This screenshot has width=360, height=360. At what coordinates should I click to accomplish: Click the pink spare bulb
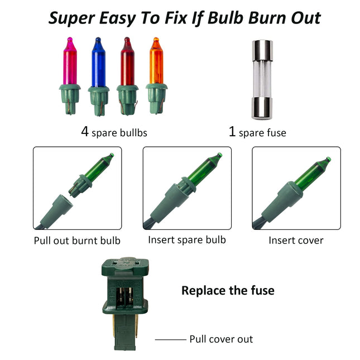(70, 76)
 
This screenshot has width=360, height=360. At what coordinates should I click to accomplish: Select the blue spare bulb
(98, 76)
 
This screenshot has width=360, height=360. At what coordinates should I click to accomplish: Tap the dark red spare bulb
(127, 76)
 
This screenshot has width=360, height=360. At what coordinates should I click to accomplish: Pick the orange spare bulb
(156, 76)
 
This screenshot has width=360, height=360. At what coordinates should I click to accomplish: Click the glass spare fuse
(262, 80)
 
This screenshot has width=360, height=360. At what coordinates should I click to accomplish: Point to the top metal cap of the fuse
(262, 50)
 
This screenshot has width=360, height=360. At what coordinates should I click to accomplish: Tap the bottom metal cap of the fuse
(262, 108)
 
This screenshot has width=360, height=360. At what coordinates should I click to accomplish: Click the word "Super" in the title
(72, 18)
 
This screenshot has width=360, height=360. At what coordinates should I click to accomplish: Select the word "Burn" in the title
(268, 18)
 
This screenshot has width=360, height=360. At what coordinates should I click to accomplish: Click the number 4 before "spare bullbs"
(85, 132)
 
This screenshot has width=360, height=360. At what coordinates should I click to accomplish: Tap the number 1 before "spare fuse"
(232, 132)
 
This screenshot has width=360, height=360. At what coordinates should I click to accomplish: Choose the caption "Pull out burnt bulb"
(77, 241)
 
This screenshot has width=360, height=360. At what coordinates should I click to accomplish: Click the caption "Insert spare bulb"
(187, 240)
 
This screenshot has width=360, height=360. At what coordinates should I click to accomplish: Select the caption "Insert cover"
(296, 241)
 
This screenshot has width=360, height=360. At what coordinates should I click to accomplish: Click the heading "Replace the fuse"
(228, 290)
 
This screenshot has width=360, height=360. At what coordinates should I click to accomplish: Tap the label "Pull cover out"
(221, 339)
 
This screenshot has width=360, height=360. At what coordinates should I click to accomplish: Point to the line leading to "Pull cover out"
(171, 339)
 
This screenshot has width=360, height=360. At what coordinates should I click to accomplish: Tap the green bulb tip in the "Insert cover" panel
(328, 159)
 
